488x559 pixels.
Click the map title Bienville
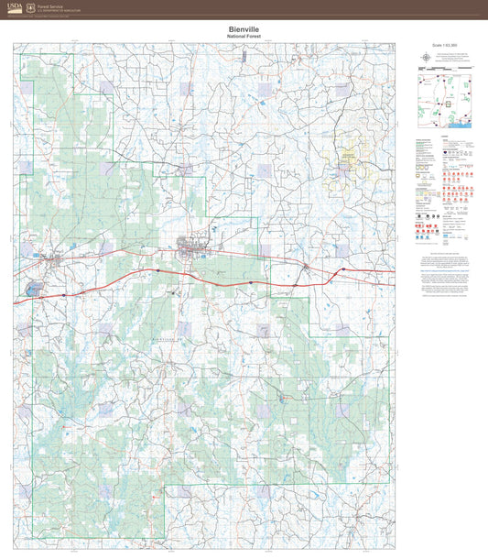click(244, 29)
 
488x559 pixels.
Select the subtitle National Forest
click(244, 37)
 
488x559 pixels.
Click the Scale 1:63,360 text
click(442, 45)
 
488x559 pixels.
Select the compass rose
click(428, 59)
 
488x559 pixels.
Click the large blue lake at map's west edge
click(34, 290)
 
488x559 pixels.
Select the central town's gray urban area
click(191, 245)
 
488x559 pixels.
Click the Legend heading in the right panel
click(444, 137)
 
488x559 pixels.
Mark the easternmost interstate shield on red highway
click(343, 269)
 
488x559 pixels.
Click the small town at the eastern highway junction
click(306, 267)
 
